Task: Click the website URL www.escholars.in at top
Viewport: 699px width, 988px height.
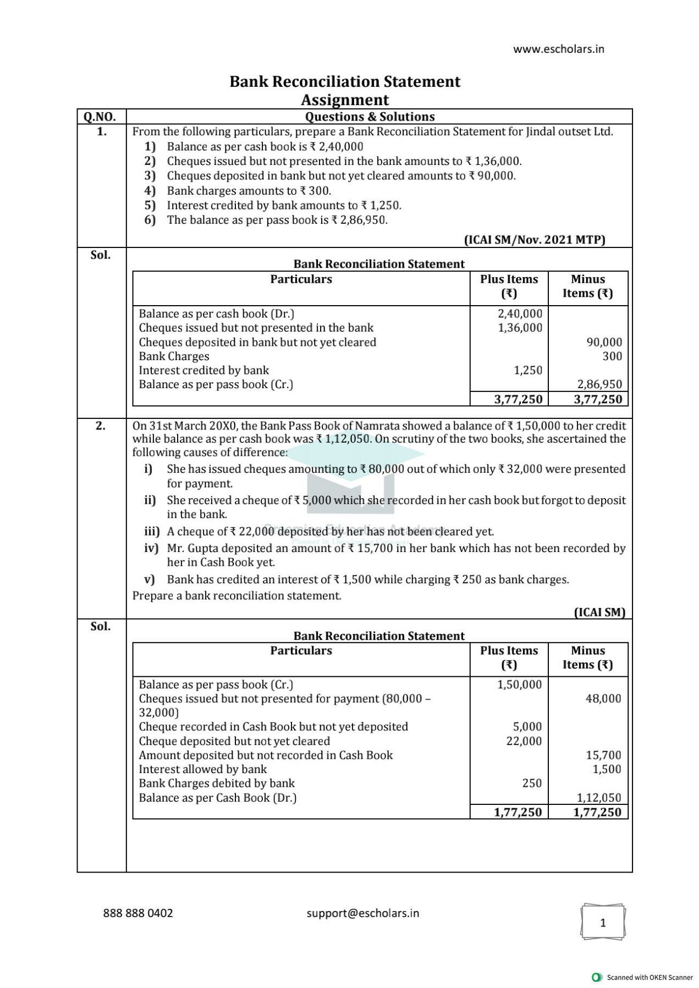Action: point(558,49)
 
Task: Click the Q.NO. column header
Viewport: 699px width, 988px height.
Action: point(100,117)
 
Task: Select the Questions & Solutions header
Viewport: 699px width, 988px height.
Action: point(370,117)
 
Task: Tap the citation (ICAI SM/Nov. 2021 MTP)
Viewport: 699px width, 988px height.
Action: point(534,240)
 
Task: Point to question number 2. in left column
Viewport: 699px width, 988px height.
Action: point(101,426)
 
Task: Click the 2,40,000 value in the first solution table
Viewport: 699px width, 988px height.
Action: point(520,313)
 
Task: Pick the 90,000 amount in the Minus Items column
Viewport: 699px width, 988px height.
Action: point(604,342)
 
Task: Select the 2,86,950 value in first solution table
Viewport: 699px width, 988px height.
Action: point(599,384)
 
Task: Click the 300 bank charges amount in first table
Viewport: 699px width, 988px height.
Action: point(612,356)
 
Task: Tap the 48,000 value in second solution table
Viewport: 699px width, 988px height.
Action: point(603,699)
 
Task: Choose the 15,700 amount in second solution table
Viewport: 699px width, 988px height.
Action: point(603,755)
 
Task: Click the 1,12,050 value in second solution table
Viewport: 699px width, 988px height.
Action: point(598,798)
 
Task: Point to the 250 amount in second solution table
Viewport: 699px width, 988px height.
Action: point(531,783)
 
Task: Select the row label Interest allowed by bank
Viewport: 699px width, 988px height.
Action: point(202,769)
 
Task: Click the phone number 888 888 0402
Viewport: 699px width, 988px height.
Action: point(138,913)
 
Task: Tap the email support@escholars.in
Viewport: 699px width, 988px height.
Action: point(362,913)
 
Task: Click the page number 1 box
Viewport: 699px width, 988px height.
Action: point(603,923)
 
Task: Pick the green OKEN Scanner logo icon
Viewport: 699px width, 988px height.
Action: point(596,977)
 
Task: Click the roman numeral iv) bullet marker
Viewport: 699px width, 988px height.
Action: point(151,548)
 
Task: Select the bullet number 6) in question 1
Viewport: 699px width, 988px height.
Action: point(150,220)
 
